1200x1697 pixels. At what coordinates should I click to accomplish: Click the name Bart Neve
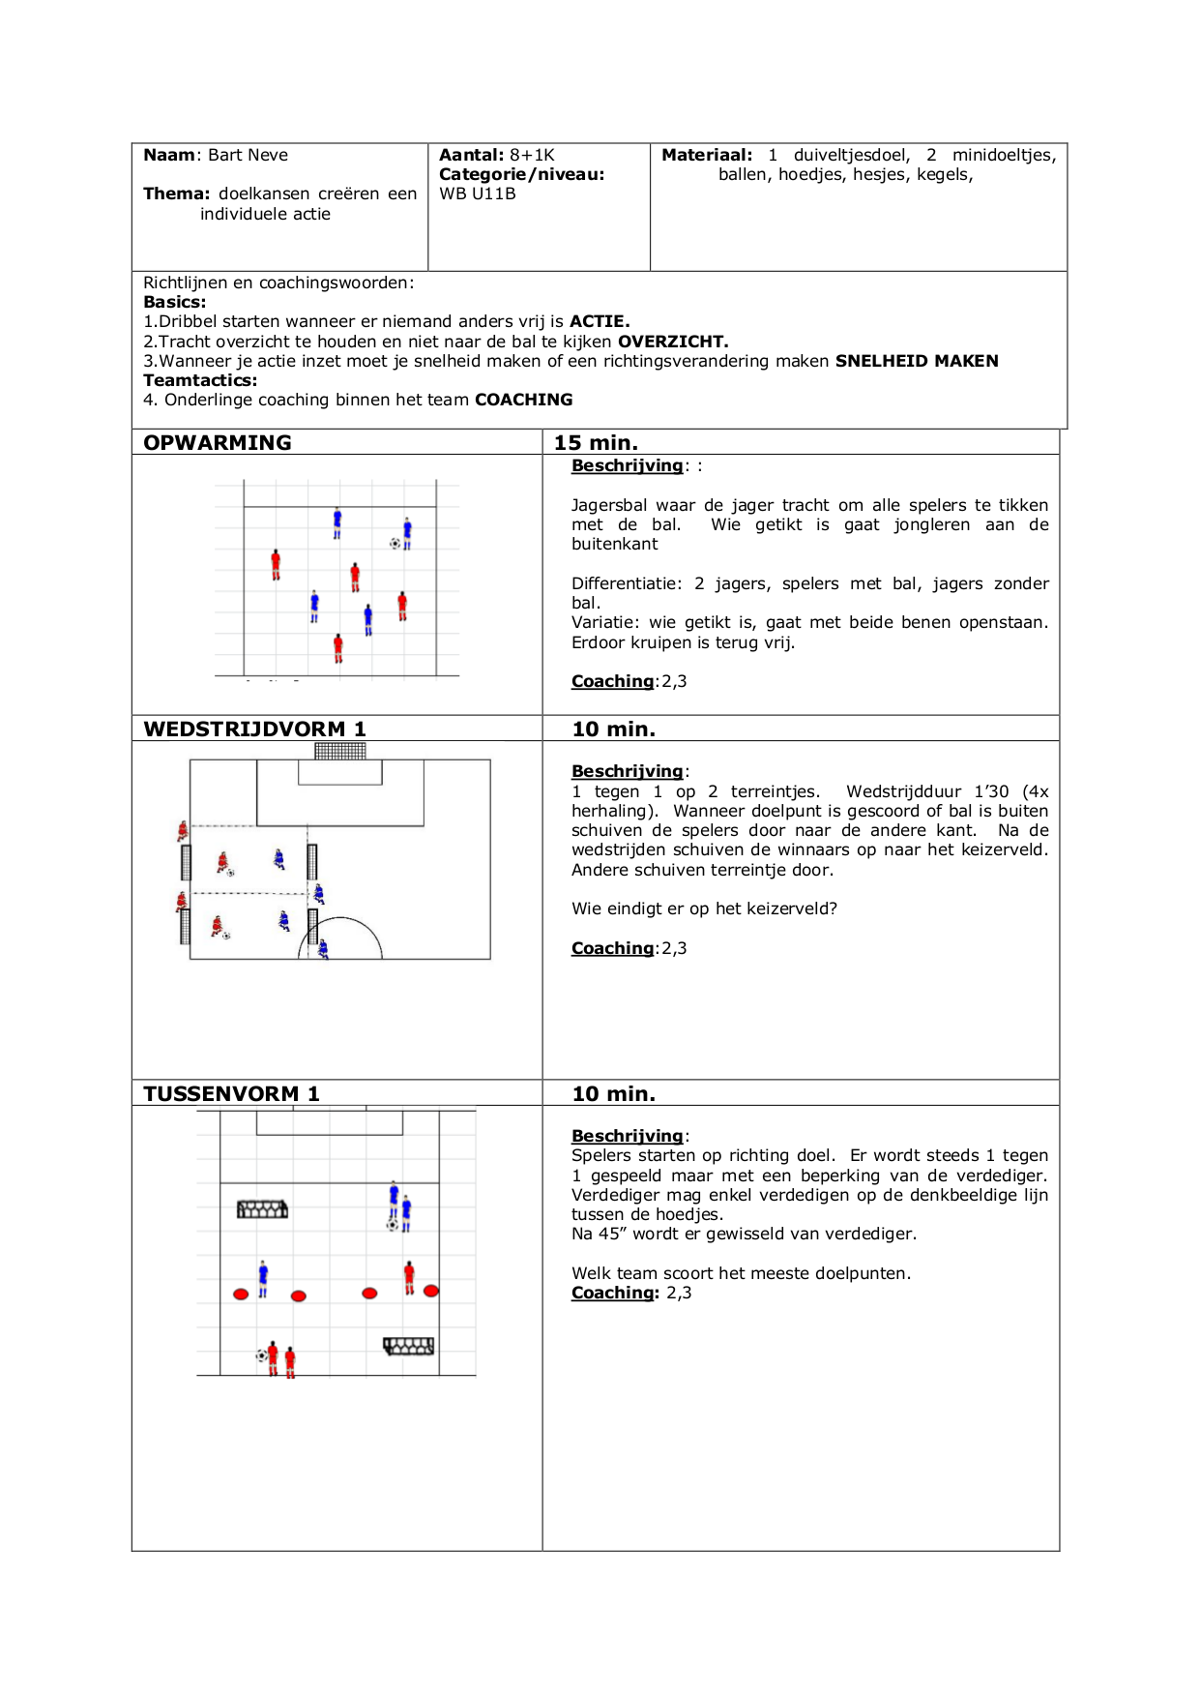point(248,155)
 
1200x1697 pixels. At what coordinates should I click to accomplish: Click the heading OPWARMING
point(217,442)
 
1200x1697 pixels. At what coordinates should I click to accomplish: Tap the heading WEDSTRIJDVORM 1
point(254,729)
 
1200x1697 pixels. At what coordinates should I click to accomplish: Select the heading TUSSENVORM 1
point(231,1093)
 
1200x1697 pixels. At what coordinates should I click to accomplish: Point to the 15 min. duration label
point(596,442)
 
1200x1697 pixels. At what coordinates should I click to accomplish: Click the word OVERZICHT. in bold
point(673,342)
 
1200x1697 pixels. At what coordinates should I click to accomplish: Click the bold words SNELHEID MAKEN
point(917,361)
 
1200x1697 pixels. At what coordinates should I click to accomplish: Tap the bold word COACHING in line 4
point(523,400)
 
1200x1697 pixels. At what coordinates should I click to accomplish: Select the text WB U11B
point(478,194)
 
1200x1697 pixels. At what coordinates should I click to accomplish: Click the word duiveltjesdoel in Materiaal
point(851,155)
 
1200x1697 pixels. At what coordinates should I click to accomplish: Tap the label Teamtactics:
point(200,380)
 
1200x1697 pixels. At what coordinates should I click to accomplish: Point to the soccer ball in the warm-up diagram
point(395,544)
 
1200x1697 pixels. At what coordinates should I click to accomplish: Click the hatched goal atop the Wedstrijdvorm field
point(340,751)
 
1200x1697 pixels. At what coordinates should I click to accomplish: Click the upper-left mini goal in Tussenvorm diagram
point(263,1209)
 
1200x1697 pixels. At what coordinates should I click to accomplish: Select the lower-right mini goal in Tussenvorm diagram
point(409,1346)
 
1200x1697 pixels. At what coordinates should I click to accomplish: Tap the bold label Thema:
point(177,194)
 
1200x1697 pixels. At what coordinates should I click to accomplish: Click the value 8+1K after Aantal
point(532,155)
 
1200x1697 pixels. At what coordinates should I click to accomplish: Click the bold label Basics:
point(175,302)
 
